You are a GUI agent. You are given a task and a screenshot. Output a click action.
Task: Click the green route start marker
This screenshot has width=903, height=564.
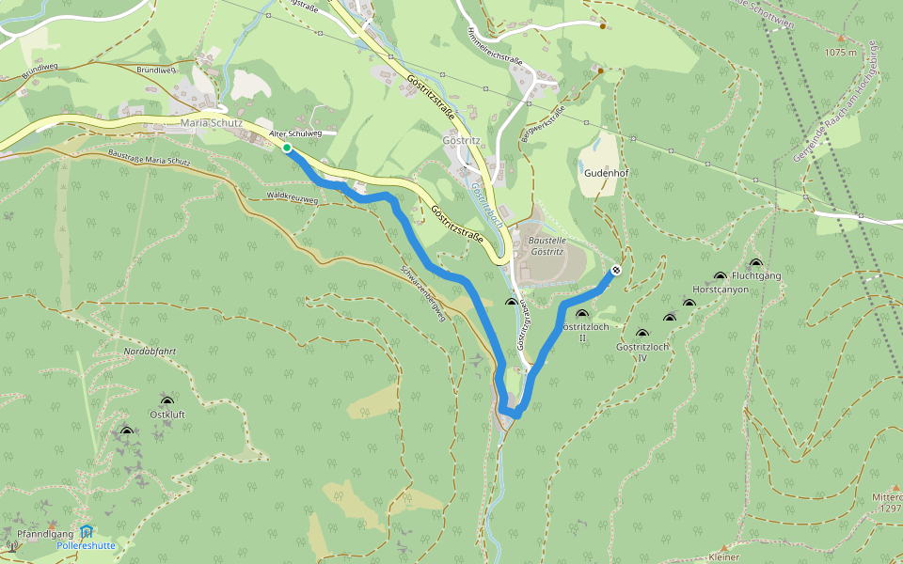point(287,149)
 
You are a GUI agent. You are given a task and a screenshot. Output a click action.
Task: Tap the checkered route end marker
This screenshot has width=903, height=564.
point(615,271)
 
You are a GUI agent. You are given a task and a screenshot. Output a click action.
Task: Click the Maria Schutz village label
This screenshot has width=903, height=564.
point(211,123)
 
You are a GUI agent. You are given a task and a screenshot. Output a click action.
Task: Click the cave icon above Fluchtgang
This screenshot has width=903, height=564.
point(755,263)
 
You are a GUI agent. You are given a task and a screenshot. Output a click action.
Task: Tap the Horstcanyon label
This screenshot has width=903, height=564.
point(720,290)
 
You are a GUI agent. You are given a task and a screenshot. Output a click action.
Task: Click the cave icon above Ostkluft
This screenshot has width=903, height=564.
point(167,401)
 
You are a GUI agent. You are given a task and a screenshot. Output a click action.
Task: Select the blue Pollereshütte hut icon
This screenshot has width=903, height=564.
point(87,531)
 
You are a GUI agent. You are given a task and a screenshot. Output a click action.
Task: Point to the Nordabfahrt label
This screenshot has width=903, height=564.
point(150,352)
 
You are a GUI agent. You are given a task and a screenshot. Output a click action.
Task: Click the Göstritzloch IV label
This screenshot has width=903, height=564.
point(642,352)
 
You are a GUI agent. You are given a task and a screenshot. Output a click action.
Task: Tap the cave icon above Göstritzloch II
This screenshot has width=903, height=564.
point(581,315)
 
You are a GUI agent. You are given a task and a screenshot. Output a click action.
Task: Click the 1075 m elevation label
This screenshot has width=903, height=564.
point(840,52)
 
